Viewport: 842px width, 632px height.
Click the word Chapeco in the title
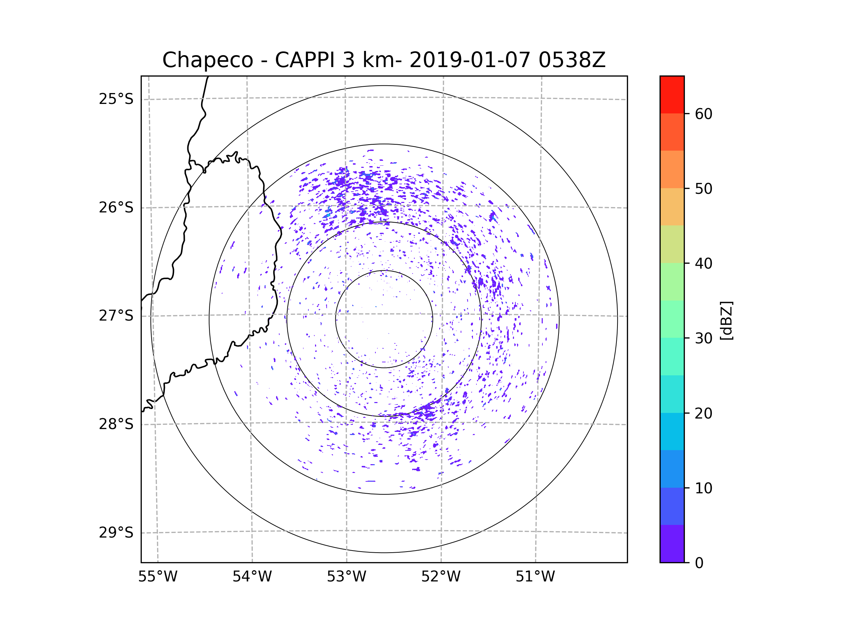(x=207, y=60)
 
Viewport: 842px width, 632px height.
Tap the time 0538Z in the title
(x=572, y=60)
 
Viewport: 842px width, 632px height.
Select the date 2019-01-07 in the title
(x=469, y=60)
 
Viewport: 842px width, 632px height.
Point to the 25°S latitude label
(x=116, y=99)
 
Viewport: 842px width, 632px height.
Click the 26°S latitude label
(x=116, y=208)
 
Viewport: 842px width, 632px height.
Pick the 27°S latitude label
(x=116, y=316)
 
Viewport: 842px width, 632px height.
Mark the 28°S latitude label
(x=116, y=424)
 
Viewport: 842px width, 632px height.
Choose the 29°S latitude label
(x=116, y=533)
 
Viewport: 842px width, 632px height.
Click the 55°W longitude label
(x=158, y=577)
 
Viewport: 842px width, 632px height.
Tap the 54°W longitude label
(x=252, y=577)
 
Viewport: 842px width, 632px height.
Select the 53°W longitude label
(x=346, y=577)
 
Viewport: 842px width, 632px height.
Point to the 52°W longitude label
(x=441, y=577)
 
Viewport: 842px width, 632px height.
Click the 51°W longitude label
(x=535, y=577)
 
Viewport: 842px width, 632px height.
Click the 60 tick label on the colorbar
(x=703, y=114)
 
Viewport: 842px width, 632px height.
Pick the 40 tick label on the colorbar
(x=703, y=264)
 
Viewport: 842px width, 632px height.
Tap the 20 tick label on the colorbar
(x=703, y=413)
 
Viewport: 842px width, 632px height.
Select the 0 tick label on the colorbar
(x=699, y=563)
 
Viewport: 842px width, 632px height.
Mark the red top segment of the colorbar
(x=672, y=94)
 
